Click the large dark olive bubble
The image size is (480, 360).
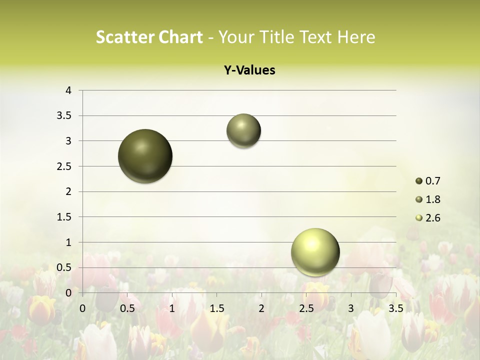[x=145, y=156]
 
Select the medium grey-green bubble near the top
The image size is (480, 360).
[x=243, y=131]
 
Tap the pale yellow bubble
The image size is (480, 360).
[x=315, y=252]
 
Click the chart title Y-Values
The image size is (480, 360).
[x=249, y=70]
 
